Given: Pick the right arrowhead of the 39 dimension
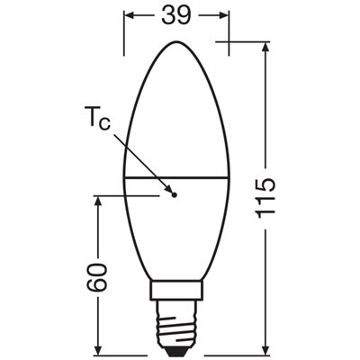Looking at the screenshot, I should [x=225, y=16].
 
